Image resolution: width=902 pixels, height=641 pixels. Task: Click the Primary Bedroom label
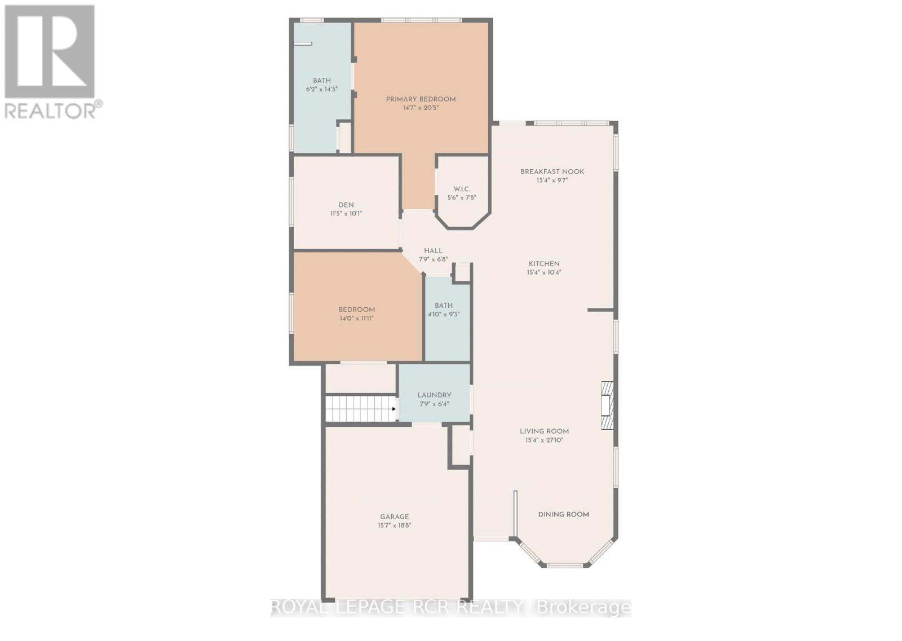(x=421, y=99)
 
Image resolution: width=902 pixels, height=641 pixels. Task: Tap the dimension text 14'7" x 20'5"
(x=421, y=108)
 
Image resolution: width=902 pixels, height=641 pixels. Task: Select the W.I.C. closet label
(x=462, y=189)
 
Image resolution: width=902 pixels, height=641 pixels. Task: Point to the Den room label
(x=346, y=205)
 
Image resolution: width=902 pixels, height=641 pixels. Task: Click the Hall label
(x=433, y=251)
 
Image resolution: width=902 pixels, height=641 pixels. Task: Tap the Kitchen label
(x=544, y=264)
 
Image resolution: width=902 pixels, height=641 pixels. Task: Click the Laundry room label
(x=434, y=395)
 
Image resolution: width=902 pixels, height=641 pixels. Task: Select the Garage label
(x=394, y=517)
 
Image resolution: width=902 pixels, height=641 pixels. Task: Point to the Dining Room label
(x=563, y=515)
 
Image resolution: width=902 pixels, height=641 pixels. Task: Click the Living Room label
(x=544, y=431)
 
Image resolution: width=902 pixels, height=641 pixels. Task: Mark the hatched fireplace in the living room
(x=607, y=406)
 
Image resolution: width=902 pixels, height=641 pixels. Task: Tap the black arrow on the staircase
(x=393, y=408)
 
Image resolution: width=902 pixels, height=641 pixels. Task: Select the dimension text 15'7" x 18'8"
(x=394, y=525)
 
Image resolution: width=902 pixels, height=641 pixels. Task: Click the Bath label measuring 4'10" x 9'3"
(x=443, y=306)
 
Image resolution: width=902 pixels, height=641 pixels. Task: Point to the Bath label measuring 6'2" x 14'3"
(x=322, y=81)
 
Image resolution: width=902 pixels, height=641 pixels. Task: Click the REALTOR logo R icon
(x=50, y=51)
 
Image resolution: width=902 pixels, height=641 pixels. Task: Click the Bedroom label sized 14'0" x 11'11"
(x=356, y=310)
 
